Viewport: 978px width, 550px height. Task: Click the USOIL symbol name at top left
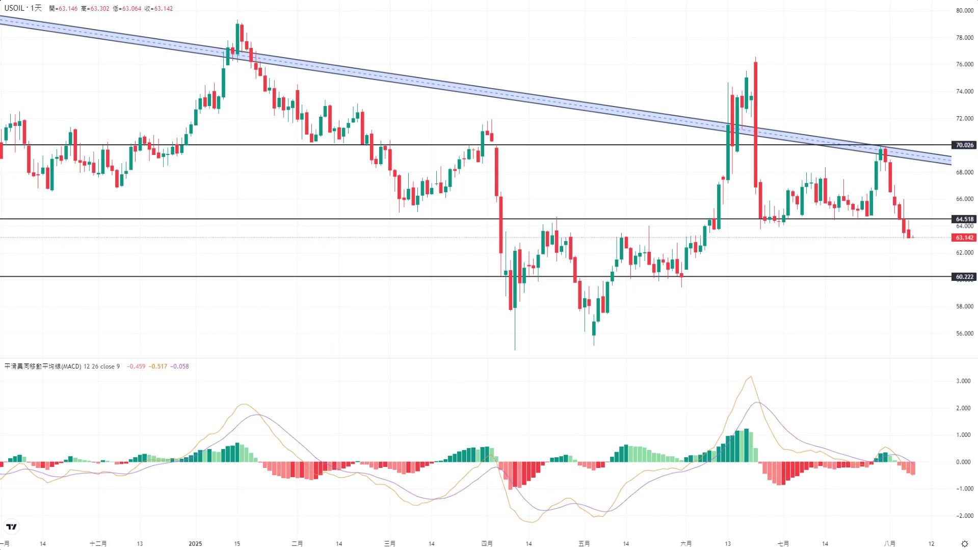point(14,8)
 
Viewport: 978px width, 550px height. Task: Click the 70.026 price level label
point(964,145)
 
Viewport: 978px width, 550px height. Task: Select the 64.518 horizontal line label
point(964,219)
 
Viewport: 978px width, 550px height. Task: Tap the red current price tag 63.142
point(964,238)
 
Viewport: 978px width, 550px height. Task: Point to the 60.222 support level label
point(964,277)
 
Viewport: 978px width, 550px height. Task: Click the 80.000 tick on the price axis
point(965,11)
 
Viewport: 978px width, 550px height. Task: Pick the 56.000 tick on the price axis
point(965,333)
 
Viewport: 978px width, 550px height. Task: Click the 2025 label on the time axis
point(195,543)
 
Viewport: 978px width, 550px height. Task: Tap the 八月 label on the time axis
point(889,543)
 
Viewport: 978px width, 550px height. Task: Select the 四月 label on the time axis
point(487,543)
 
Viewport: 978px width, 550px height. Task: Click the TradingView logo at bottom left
point(11,527)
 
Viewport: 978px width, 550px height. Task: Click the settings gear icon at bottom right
point(964,544)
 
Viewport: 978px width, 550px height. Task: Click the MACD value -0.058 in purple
point(179,366)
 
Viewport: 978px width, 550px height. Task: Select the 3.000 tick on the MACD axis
point(963,381)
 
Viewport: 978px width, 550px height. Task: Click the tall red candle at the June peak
point(755,122)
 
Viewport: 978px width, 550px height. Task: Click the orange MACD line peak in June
point(750,377)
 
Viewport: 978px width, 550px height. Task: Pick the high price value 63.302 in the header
point(99,9)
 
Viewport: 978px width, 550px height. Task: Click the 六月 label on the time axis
point(686,543)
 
